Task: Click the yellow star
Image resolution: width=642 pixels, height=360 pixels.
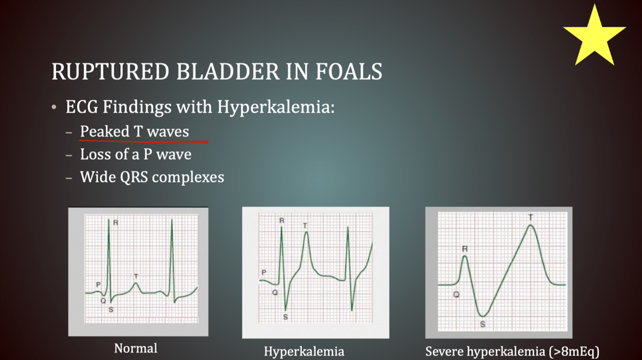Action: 594,37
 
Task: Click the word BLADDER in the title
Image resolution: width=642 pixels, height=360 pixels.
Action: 228,71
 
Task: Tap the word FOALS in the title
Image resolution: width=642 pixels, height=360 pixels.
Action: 349,71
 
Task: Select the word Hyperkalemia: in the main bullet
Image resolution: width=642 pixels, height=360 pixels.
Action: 276,107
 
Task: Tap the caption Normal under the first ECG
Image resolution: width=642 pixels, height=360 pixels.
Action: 136,348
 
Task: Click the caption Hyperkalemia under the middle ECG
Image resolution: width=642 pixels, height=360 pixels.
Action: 304,352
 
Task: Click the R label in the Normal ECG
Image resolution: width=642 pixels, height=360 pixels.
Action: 116,223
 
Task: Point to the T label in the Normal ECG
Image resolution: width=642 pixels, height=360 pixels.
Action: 136,276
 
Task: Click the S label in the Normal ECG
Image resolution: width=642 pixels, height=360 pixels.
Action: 111,310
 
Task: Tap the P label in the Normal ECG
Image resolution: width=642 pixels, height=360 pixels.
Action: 98,284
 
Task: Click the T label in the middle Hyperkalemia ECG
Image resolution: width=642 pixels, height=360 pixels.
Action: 305,226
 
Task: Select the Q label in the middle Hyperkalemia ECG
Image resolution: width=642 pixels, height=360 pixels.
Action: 275,293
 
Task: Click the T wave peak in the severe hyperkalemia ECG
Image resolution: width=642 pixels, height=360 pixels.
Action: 531,225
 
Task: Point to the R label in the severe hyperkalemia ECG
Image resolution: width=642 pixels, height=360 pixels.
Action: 465,249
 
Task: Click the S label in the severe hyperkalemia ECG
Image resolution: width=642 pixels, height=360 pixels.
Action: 483,324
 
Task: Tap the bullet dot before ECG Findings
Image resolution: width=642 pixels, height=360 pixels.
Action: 54,107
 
